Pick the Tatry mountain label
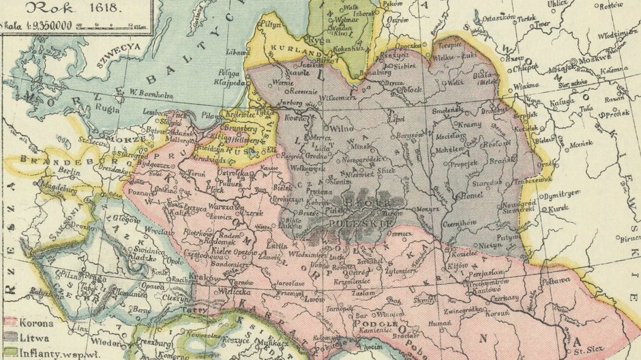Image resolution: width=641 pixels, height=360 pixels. [203, 309]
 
